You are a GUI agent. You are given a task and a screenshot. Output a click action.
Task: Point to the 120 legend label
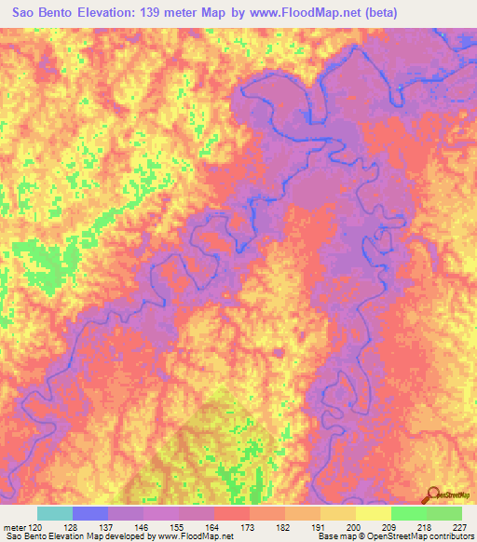36,526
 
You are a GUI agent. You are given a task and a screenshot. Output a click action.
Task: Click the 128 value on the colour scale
73,526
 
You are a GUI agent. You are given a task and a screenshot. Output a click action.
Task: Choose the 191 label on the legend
320,526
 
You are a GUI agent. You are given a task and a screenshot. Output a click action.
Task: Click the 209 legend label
390,526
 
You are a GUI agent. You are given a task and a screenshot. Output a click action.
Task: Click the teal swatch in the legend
55,513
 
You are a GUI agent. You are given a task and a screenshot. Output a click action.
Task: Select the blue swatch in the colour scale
90,513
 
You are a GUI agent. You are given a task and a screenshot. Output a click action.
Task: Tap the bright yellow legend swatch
373,513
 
